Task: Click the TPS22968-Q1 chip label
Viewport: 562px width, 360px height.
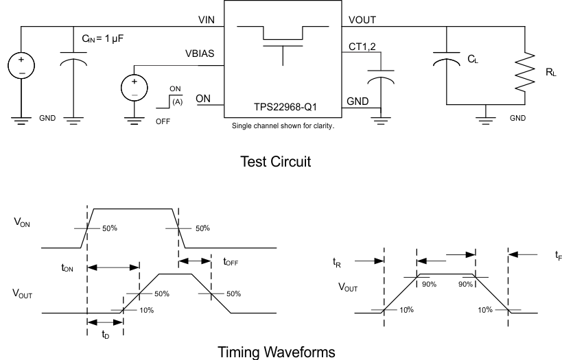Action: point(283,108)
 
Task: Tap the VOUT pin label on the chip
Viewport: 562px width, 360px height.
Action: point(362,20)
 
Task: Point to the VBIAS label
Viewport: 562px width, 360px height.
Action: point(202,54)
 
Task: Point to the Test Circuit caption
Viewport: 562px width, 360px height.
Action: point(275,163)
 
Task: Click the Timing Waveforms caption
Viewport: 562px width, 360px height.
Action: point(277,352)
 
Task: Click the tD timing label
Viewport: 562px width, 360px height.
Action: point(105,335)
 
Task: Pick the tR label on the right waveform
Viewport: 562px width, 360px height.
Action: point(336,262)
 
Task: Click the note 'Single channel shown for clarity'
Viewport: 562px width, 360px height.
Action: point(283,125)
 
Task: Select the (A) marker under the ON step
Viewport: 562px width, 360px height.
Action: point(177,101)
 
